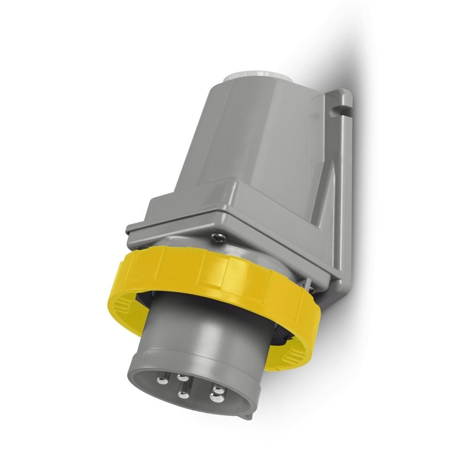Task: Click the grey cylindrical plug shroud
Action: pos(195,331)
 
